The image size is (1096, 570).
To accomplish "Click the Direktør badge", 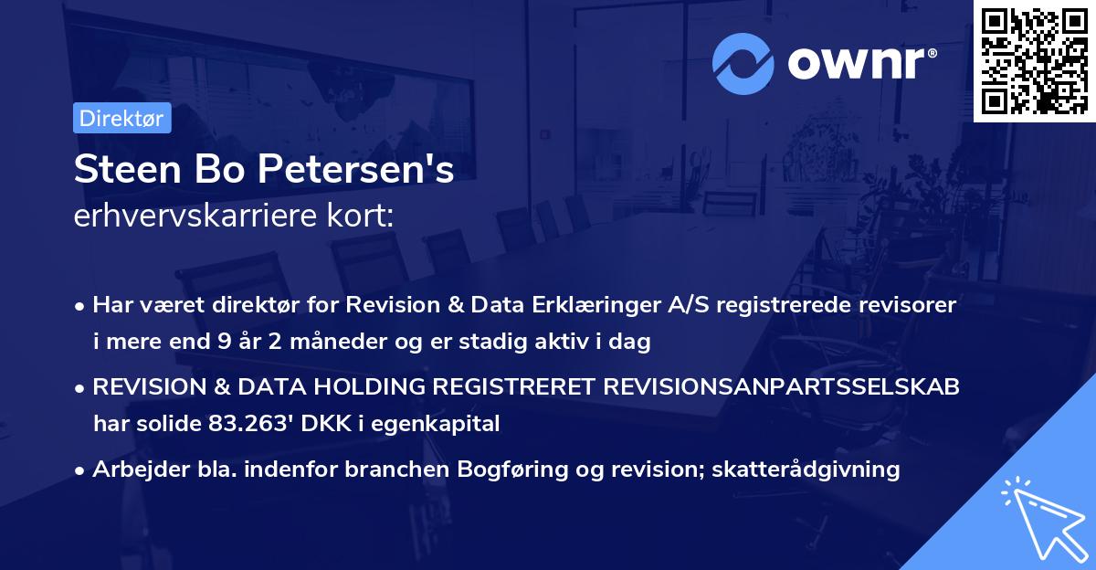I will [121, 119].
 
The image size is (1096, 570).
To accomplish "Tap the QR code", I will [1034, 60].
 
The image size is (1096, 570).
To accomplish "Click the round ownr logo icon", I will [743, 64].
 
